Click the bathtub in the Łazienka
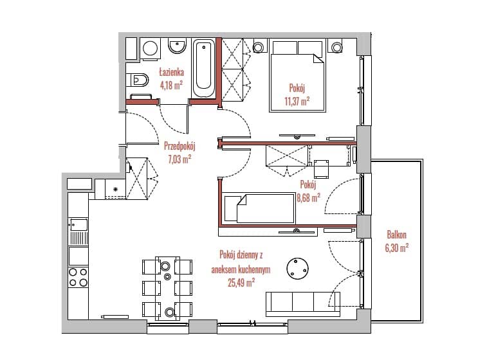click(203, 68)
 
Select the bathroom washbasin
click(177, 46)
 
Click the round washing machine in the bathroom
click(150, 48)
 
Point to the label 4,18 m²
click(171, 85)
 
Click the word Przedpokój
click(179, 145)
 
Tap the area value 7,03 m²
click(179, 159)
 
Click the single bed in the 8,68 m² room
click(259, 208)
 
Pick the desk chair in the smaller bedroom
click(321, 169)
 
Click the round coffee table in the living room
click(298, 268)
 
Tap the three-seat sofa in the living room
click(303, 303)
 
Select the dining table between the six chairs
click(167, 288)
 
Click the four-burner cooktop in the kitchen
click(78, 277)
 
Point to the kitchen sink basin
click(79, 224)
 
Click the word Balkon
click(397, 235)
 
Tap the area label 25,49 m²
click(241, 283)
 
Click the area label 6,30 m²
click(397, 248)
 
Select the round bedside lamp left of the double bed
click(258, 47)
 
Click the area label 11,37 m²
click(297, 101)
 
